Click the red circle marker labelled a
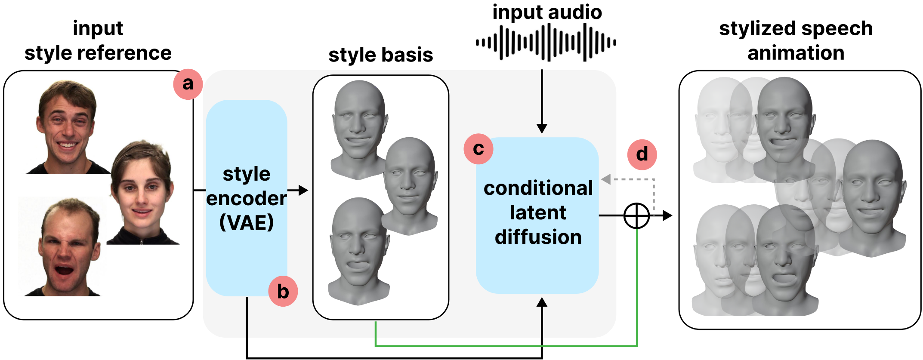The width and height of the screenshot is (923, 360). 188,84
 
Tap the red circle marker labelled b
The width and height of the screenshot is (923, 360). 283,292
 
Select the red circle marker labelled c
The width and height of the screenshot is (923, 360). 478,149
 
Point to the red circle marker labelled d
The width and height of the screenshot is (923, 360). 642,154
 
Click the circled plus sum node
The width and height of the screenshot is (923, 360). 636,215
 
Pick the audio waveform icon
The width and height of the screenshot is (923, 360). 546,43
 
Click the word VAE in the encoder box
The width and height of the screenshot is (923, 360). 247,223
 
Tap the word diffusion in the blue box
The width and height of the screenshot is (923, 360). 538,237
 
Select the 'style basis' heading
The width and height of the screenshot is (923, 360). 380,55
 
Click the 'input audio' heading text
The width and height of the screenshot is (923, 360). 547,12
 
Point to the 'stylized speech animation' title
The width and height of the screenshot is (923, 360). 796,40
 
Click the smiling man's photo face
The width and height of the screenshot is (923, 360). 66,125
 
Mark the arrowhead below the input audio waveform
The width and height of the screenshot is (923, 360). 542,128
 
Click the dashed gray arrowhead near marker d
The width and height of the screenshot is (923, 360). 606,179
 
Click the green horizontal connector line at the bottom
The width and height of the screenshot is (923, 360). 503,345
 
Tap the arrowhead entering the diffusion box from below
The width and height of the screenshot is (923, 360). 542,302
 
